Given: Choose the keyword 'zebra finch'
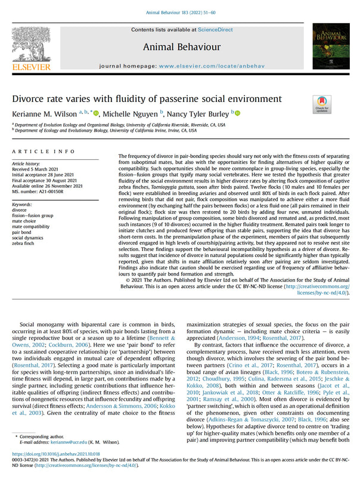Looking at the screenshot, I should click(x=25, y=243).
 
